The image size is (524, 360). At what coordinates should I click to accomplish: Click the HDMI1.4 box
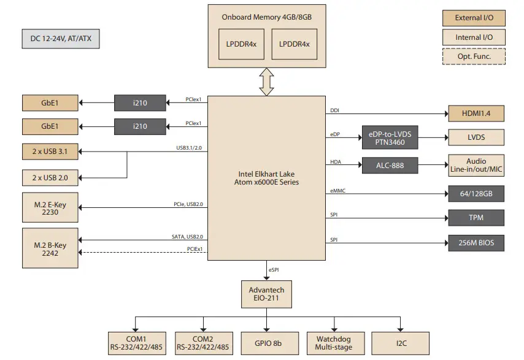[x=476, y=113]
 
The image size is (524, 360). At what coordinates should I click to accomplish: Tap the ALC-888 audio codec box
[x=389, y=165]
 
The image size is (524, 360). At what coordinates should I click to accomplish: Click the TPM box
[x=476, y=217]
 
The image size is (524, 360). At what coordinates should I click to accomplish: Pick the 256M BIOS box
[x=476, y=242]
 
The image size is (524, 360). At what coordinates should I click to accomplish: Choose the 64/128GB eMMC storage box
[x=476, y=194]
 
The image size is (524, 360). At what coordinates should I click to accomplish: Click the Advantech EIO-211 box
[x=266, y=294]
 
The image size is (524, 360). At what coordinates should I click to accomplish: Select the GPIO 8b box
[x=266, y=343]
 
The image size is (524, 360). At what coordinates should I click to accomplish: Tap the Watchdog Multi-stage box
[x=333, y=343]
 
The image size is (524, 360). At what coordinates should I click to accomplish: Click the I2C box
[x=400, y=343]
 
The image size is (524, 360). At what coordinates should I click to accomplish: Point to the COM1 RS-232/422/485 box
[x=136, y=343]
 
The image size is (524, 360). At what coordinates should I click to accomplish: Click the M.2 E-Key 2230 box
[x=50, y=207]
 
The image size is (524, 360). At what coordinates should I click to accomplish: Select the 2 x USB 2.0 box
[x=50, y=178]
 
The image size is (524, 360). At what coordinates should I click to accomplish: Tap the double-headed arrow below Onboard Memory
[x=266, y=82]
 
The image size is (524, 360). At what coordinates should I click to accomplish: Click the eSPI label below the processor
[x=274, y=270]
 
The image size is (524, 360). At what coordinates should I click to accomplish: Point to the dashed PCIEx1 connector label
[x=195, y=249]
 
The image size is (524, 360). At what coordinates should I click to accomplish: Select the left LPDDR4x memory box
[x=241, y=44]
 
